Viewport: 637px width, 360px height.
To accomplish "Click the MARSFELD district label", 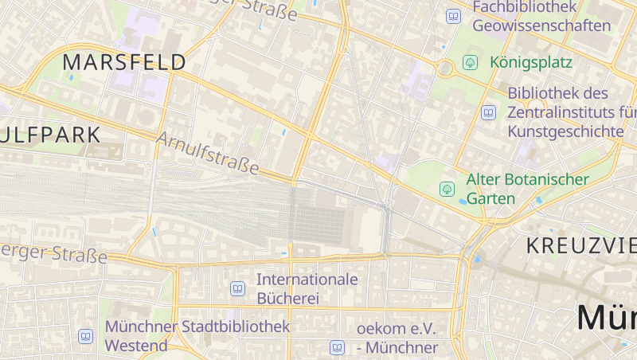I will [x=124, y=62].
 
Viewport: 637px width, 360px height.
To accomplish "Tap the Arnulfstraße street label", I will [x=209, y=153].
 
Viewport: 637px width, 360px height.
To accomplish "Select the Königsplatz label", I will [x=531, y=61].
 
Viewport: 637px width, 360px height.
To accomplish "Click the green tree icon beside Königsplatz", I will [x=471, y=61].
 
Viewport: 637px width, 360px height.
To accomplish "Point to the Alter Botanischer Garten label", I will [x=528, y=189].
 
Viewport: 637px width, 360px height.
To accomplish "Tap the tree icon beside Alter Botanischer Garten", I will [x=447, y=189].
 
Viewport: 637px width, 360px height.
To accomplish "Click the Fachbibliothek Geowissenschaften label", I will [x=541, y=16].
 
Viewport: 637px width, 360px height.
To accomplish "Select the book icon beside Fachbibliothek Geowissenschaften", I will [x=453, y=16].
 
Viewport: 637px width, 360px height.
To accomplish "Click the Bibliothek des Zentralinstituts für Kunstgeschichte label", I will [x=569, y=112].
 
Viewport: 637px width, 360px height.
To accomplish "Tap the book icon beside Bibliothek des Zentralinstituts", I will [x=488, y=112].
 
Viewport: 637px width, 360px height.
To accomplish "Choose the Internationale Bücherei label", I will [x=307, y=289].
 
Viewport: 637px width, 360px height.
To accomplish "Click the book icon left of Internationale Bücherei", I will [x=237, y=288].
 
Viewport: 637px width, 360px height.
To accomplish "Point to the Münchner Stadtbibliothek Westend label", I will [x=197, y=336].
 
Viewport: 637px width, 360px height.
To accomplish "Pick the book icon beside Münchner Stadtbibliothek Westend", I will [x=85, y=336].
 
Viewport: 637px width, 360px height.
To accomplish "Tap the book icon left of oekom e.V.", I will [x=337, y=347].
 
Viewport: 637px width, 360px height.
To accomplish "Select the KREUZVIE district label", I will [x=581, y=245].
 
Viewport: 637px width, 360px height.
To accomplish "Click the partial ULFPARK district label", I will [x=51, y=135].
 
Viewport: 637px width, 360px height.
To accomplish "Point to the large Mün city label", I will [x=607, y=317].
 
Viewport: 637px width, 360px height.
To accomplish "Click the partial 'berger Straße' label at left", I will [x=53, y=253].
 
